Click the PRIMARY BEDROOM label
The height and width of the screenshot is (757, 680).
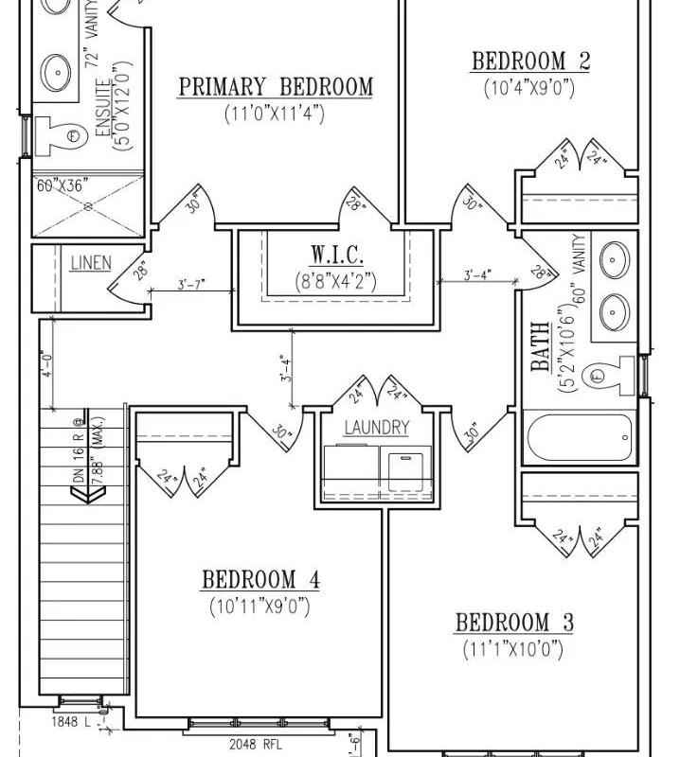pos(276,87)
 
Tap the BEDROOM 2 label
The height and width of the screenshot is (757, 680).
pos(530,62)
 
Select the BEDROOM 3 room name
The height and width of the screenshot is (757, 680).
pos(514,623)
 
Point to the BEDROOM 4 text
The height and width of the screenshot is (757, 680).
pos(260,580)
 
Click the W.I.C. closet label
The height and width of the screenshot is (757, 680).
pos(336,255)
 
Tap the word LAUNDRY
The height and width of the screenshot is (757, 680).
pos(376,428)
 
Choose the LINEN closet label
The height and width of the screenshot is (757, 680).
pos(90,263)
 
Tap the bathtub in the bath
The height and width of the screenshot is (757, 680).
pos(579,437)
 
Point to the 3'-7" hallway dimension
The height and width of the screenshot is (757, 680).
pos(192,284)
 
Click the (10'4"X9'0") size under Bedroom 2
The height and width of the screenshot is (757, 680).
pos(528,89)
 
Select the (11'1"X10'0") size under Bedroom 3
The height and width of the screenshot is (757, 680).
pos(514,649)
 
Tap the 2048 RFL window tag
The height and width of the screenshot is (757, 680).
pos(255,744)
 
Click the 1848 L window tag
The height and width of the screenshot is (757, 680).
pos(70,722)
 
